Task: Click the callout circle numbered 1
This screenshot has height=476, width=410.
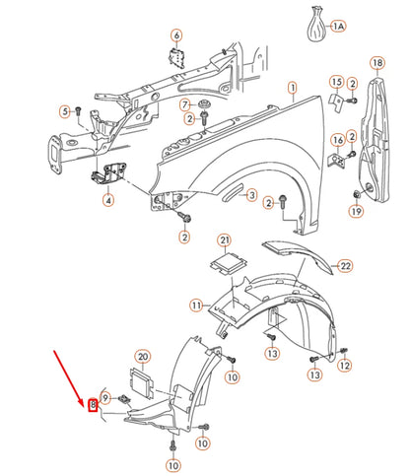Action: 292,89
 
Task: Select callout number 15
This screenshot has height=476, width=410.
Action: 336,82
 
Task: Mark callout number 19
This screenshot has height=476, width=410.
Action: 356,212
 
